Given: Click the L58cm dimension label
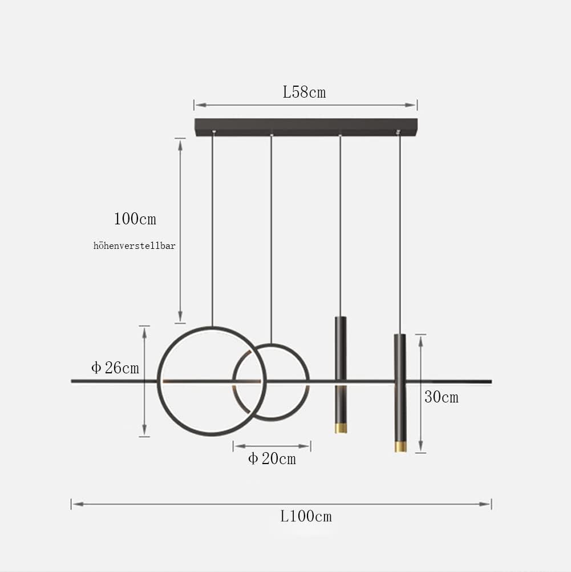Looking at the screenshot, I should point(304,92).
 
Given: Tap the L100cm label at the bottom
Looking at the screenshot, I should point(306,517).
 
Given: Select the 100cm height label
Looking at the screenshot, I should point(135,219).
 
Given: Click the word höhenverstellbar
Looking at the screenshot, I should point(135,246).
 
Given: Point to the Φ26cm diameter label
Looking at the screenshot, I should point(115,368).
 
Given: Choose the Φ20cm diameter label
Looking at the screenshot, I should point(272,458).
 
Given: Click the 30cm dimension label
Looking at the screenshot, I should point(441,397).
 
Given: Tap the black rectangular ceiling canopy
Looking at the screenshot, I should point(306,127).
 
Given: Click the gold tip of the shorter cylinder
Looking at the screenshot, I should point(341,428).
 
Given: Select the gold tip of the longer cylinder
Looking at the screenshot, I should point(400,446).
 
